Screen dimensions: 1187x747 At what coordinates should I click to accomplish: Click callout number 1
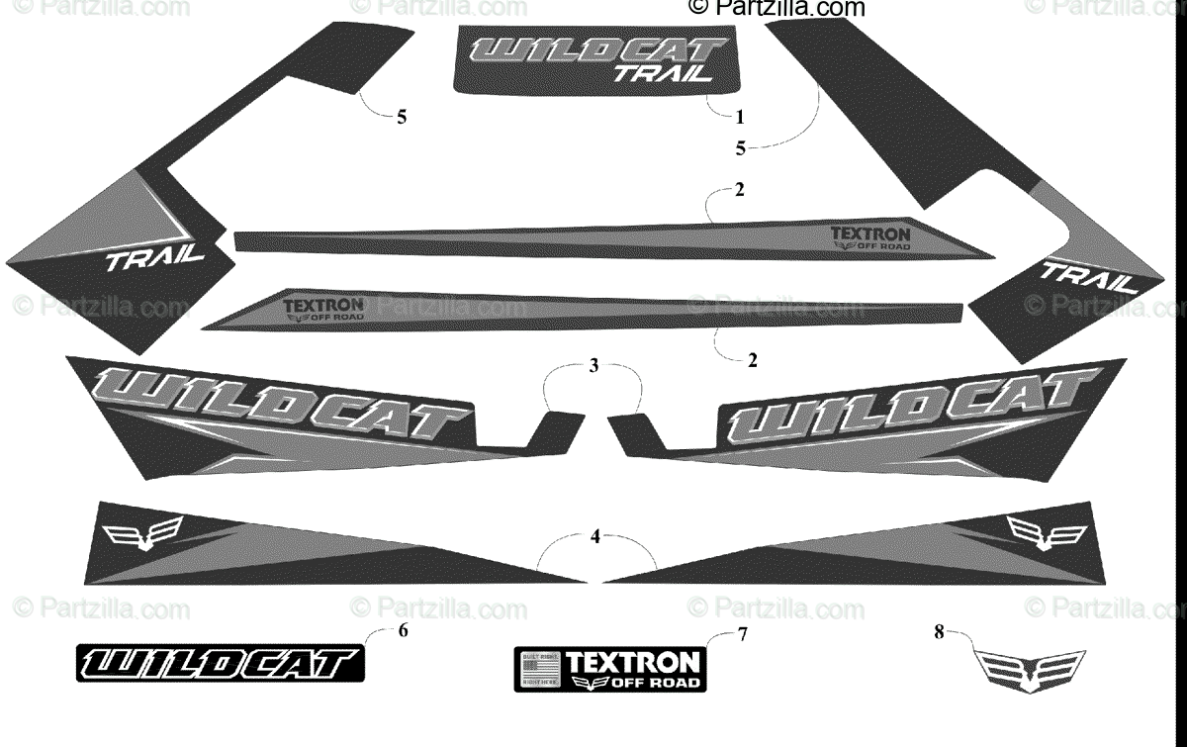coord(739,117)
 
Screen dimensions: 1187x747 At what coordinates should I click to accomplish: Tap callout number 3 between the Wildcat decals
coord(593,366)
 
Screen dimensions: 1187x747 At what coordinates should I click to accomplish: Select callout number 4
coord(594,537)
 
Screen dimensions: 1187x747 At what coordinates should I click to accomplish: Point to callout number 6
coord(402,633)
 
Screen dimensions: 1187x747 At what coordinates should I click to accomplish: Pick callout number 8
coord(938,629)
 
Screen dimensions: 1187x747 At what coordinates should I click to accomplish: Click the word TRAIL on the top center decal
coord(663,71)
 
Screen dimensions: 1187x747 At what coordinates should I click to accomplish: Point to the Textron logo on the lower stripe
coord(323,310)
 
